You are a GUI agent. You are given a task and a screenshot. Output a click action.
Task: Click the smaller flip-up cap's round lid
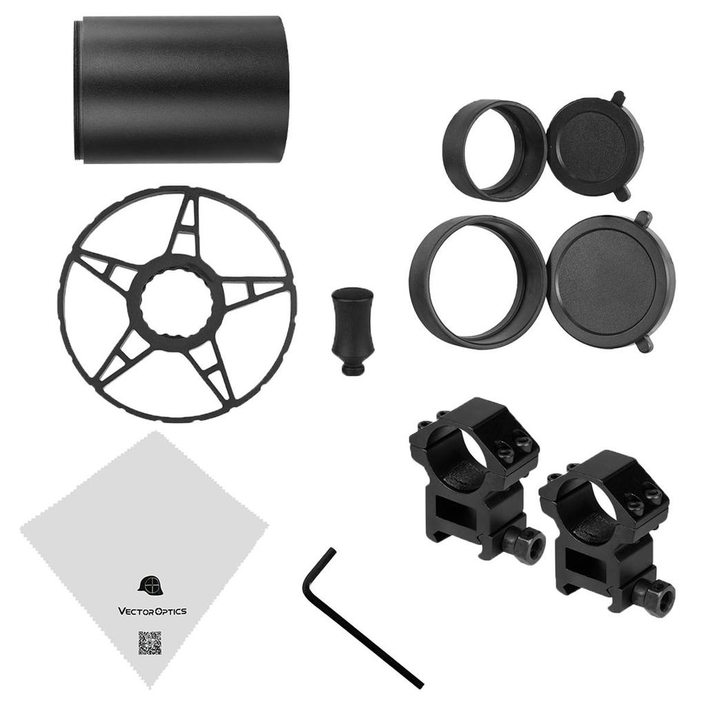pyautogui.click(x=590, y=146)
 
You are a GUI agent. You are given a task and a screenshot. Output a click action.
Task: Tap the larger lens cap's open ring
pyautogui.click(x=479, y=281)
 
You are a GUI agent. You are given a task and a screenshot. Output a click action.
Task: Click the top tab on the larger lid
pyautogui.click(x=644, y=219)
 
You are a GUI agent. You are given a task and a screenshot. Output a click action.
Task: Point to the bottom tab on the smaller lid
pyautogui.click(x=623, y=194)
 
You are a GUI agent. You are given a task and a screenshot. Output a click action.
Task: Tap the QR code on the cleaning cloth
pyautogui.click(x=150, y=643)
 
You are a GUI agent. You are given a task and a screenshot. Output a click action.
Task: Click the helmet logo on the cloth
pyautogui.click(x=149, y=585)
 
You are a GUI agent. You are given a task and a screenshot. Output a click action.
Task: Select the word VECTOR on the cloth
pyautogui.click(x=134, y=611)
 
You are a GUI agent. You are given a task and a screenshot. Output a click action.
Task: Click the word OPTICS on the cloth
pyautogui.click(x=170, y=611)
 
